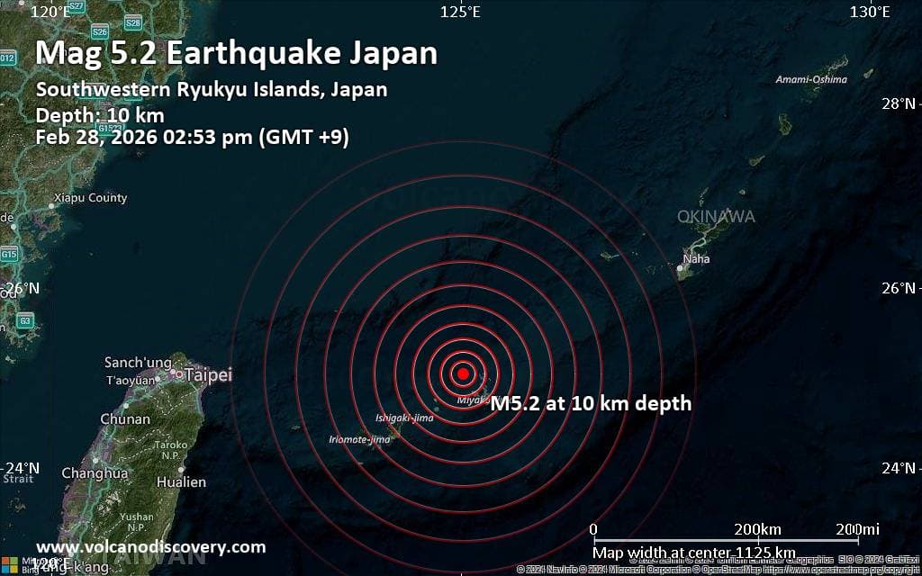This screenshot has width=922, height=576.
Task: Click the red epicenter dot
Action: (x=463, y=373)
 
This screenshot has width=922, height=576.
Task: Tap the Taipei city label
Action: (x=209, y=375)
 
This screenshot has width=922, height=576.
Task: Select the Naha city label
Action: (x=696, y=259)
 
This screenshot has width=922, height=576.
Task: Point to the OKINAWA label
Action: (x=717, y=217)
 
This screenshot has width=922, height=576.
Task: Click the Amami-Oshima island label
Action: (x=811, y=79)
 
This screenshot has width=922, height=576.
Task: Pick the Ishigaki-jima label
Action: (x=404, y=418)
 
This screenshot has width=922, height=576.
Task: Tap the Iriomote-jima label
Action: (x=360, y=439)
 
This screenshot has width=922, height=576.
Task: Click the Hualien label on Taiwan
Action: (x=181, y=482)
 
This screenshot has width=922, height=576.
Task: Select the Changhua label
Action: (x=95, y=472)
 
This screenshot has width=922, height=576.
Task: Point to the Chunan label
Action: (x=125, y=419)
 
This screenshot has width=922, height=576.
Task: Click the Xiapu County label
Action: (x=90, y=198)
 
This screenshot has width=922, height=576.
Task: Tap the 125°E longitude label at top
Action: (x=459, y=12)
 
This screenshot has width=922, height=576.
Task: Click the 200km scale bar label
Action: (x=757, y=528)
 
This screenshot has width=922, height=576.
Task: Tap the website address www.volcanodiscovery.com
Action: (x=150, y=547)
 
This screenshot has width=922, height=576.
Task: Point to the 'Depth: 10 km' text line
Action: (x=99, y=115)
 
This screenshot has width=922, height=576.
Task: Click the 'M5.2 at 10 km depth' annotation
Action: (x=591, y=403)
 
